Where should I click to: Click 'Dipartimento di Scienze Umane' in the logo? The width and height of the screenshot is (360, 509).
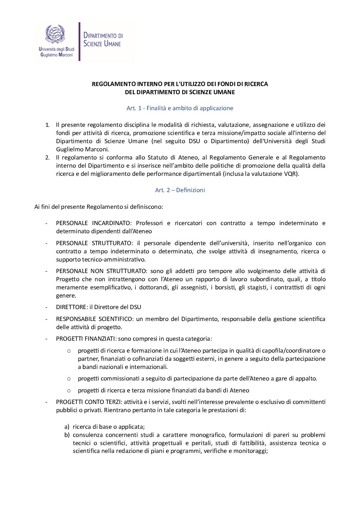103,40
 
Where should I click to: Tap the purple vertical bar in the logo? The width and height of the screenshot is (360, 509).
79,41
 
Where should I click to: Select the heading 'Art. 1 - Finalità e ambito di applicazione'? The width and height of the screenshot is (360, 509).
180,108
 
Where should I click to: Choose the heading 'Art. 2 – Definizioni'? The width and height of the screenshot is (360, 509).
180,190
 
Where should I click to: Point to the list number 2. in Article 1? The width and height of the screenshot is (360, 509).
48,157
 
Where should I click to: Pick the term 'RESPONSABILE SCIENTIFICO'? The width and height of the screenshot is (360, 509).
94,319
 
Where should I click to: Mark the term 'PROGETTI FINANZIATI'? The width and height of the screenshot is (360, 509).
86,339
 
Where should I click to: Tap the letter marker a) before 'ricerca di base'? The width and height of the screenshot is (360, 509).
67,427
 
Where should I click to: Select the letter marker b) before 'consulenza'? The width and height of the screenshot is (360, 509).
67,435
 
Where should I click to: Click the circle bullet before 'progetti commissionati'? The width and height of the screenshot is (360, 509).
69,378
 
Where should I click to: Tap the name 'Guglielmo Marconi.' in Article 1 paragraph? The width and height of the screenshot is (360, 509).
83,149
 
